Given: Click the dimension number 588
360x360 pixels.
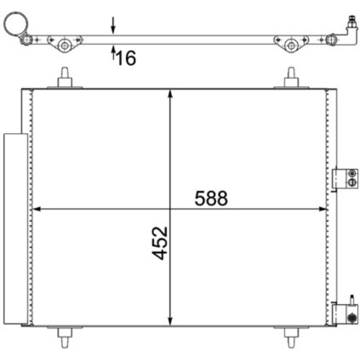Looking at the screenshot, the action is click(x=211, y=198).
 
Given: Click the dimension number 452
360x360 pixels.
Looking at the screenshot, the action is click(x=160, y=243).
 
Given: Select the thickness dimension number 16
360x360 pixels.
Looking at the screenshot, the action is click(x=126, y=58).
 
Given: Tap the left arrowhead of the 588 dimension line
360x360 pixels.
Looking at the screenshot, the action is click(x=37, y=209).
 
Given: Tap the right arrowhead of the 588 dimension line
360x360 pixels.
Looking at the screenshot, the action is click(x=323, y=209).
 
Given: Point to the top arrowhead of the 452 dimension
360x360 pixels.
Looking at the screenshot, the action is click(x=170, y=94).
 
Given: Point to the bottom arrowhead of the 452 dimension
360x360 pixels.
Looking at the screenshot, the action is click(x=170, y=321).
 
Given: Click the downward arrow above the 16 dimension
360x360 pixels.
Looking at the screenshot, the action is click(x=113, y=25).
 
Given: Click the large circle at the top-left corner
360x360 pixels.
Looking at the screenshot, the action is click(x=16, y=24).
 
